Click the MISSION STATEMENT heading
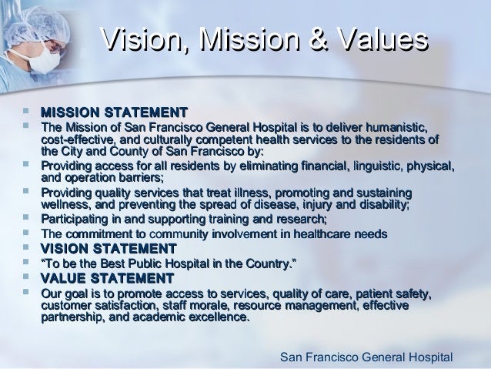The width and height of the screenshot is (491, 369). [x=115, y=113]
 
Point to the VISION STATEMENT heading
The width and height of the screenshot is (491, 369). [x=109, y=248]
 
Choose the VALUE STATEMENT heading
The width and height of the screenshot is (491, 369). [x=107, y=278]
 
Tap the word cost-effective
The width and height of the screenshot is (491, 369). [x=75, y=139]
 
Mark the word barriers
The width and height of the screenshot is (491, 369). [x=139, y=177]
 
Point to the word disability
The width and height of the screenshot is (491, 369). [x=379, y=204]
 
